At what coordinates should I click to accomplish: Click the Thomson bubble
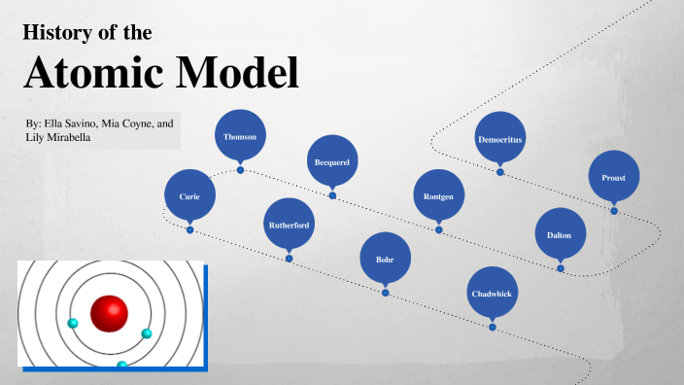tap(240, 137)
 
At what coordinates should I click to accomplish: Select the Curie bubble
tap(189, 195)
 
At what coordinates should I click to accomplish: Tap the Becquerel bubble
tap(332, 161)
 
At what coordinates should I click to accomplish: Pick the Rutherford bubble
tap(289, 225)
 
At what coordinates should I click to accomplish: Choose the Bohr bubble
tap(385, 259)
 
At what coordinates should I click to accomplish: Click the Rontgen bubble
tap(438, 195)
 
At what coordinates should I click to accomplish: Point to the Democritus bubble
tap(499, 139)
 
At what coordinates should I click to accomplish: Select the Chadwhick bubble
tap(492, 293)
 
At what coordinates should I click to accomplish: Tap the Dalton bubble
tap(560, 234)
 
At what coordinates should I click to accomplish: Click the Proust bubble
tap(613, 178)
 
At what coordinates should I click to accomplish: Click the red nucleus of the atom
tap(109, 314)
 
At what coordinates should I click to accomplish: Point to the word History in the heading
tap(55, 33)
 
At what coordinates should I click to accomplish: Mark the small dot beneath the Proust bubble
tap(613, 210)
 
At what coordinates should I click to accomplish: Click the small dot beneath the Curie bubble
tap(189, 229)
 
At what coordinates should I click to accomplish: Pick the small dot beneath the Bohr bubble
tap(385, 293)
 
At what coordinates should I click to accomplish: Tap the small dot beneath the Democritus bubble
tap(499, 172)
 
